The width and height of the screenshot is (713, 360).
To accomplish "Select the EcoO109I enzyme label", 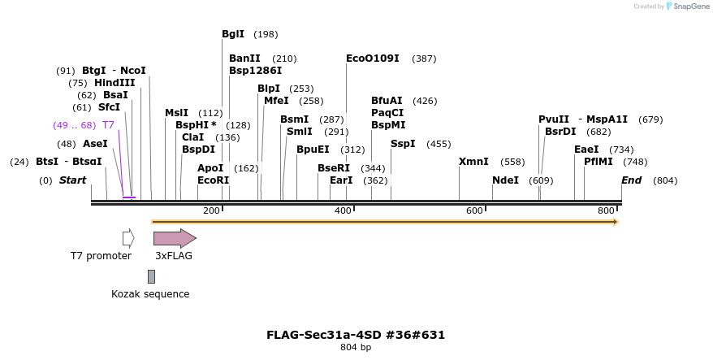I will point(373,59).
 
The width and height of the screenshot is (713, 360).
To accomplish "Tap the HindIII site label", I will point(114,83).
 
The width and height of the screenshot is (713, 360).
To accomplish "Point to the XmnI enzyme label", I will point(473,162).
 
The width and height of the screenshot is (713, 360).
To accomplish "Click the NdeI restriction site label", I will point(505,180).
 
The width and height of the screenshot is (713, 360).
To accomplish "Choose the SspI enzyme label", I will point(403,144).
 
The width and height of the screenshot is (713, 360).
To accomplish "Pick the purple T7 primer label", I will point(108,125).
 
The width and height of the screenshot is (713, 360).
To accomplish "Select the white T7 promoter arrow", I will point(127,238).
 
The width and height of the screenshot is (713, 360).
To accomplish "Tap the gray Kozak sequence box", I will point(151,277).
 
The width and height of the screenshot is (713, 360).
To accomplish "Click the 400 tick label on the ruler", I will point(343,211).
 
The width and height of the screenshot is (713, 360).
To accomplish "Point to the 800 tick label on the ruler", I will point(606,211).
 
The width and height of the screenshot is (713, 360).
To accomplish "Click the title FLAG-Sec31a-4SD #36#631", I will point(356,335).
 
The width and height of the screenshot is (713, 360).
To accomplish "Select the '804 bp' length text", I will point(356,348).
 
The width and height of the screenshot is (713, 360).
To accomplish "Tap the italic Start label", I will point(72,180).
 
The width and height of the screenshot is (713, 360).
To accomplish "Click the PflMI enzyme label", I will point(598,162).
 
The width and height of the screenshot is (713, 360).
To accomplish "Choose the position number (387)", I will point(424,59).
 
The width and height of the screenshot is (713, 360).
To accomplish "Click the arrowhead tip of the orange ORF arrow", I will point(616,221).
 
